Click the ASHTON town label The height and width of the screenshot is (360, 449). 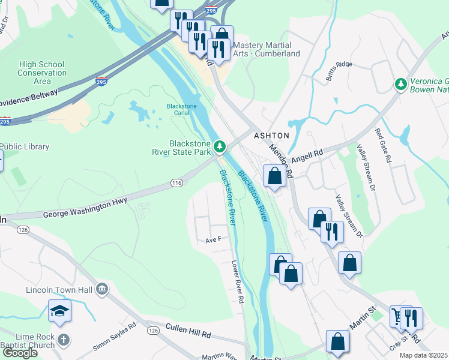(x=271, y=136)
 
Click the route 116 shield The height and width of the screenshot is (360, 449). (x=176, y=182)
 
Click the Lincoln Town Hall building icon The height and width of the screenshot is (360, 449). (x=102, y=290)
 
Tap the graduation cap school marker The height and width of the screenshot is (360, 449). (x=60, y=311)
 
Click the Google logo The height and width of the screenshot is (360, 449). (x=20, y=353)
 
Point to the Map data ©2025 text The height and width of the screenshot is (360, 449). (x=424, y=356)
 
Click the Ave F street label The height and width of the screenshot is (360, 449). (x=214, y=239)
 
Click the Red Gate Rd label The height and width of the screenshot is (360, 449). (x=382, y=146)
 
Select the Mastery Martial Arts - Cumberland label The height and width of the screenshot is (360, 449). (x=266, y=49)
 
